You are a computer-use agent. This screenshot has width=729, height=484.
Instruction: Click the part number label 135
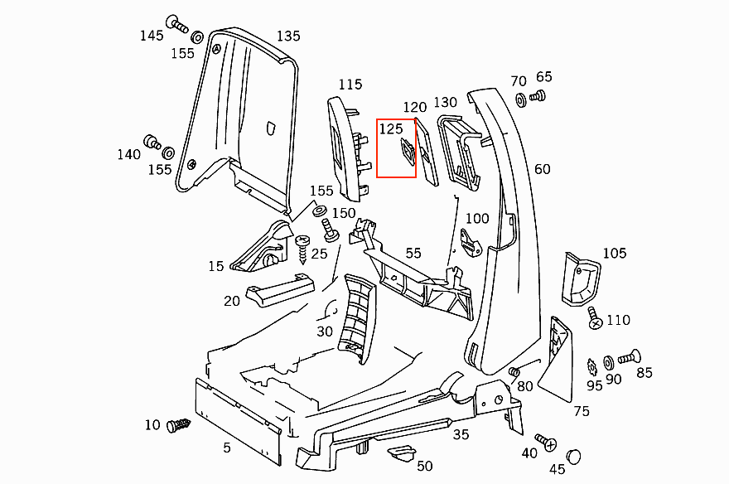[x=288, y=36]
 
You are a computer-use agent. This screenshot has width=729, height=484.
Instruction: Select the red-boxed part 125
[x=408, y=152]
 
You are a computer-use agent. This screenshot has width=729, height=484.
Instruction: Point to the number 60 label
[x=543, y=169]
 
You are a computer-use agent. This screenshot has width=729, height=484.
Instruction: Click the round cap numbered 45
[x=574, y=456]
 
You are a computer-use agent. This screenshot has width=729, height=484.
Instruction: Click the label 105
[x=615, y=253]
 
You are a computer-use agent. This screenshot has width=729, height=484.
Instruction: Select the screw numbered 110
[x=594, y=317]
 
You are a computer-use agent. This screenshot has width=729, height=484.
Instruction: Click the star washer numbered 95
[x=592, y=365]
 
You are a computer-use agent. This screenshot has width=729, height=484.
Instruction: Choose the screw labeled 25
[x=303, y=247]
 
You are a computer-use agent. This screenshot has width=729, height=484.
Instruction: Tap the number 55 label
[x=413, y=253]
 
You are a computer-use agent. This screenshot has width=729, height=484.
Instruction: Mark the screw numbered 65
[x=536, y=97]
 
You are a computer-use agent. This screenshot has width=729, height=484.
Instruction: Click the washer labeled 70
[x=521, y=101]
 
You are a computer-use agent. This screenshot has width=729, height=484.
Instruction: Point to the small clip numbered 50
[x=402, y=454]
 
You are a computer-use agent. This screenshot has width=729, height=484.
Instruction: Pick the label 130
[x=446, y=102]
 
